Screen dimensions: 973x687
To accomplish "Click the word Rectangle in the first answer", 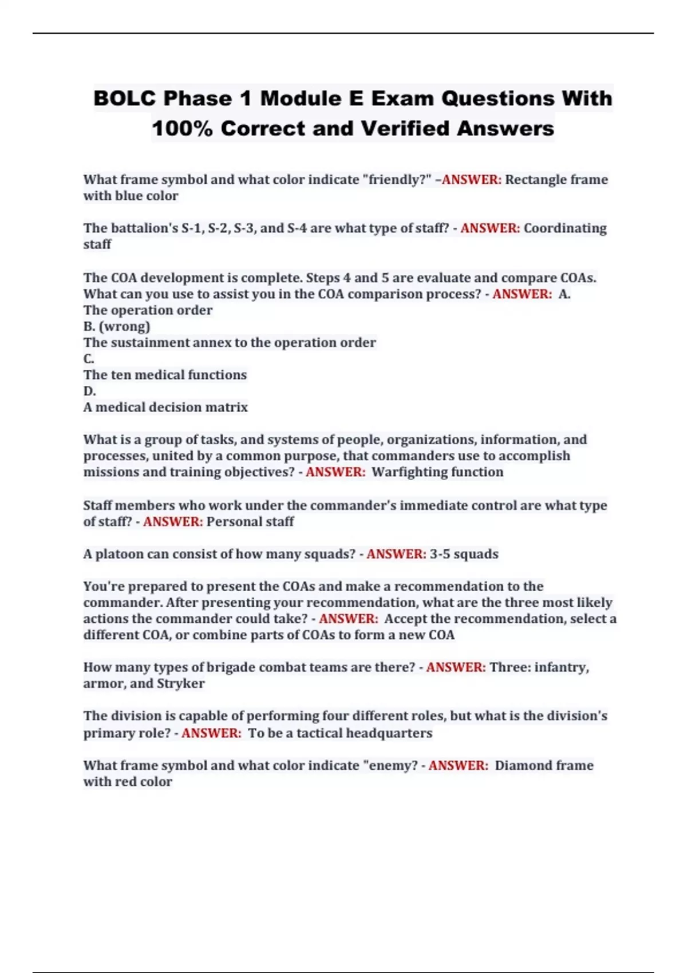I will [x=534, y=180].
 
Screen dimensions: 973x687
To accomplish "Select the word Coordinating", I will [x=565, y=228].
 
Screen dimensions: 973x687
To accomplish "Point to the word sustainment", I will [x=157, y=343].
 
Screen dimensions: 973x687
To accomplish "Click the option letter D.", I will [x=89, y=391].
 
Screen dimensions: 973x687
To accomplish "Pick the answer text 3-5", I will [x=440, y=554].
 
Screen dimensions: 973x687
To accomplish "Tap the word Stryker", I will [x=180, y=683].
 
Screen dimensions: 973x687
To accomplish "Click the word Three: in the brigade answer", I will [x=510, y=667].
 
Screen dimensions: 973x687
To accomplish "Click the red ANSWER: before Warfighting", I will [x=335, y=472].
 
